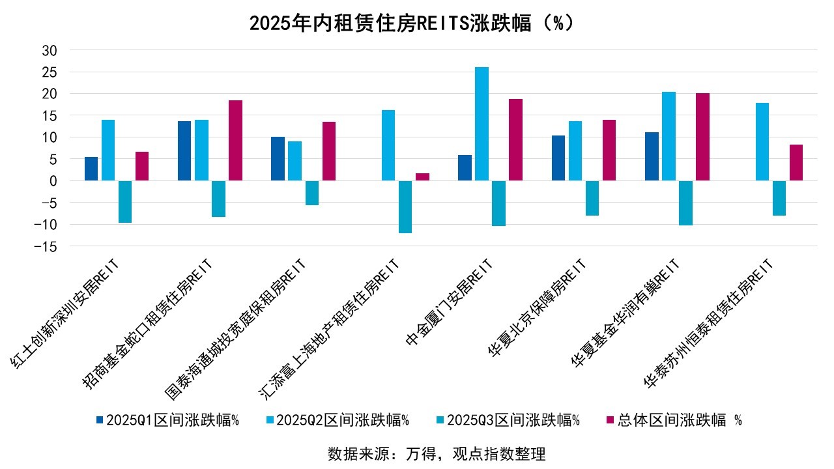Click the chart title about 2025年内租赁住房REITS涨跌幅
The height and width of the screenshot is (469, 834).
tap(412, 23)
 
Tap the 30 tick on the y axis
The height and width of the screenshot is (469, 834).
tap(50, 50)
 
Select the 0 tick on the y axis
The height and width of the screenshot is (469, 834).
tap(54, 181)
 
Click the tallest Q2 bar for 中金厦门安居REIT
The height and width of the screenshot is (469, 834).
tap(482, 124)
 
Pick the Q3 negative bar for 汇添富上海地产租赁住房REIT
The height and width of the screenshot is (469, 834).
tap(405, 206)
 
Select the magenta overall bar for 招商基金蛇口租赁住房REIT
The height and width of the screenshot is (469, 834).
tap(235, 140)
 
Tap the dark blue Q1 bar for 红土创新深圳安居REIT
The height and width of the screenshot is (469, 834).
tap(91, 169)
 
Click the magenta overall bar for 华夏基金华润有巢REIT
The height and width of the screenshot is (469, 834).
tap(702, 137)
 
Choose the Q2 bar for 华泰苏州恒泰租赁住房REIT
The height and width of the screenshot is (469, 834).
tap(762, 141)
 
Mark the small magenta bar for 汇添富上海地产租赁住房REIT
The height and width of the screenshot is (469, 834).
tap(422, 177)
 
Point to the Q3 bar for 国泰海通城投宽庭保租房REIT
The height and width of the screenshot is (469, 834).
tap(312, 193)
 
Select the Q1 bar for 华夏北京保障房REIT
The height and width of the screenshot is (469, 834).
tap(558, 158)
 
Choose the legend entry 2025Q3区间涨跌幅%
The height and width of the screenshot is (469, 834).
tap(508, 420)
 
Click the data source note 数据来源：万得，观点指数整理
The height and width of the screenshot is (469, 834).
tap(436, 453)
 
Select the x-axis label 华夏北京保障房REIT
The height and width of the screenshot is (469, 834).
tap(538, 306)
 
